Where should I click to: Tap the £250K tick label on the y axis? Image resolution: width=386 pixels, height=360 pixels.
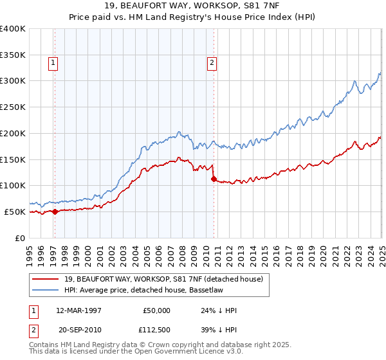(x=13, y=107)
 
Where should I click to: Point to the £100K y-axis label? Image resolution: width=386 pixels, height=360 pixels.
(x=13, y=185)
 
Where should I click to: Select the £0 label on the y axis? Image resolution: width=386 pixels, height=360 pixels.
(x=20, y=238)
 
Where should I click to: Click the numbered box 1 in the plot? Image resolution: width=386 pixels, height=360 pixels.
(x=52, y=63)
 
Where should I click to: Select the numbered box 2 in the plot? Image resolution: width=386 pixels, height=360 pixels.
(x=211, y=63)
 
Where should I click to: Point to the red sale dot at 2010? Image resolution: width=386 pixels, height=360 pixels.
(x=214, y=179)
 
